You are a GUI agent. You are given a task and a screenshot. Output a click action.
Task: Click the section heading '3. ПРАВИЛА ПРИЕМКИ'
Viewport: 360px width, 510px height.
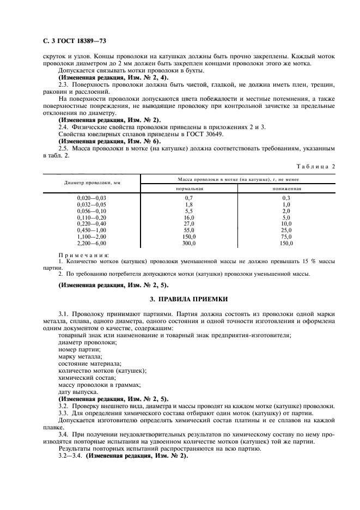pos(184,299)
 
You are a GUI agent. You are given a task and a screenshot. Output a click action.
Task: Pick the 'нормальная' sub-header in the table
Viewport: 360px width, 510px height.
pos(189,188)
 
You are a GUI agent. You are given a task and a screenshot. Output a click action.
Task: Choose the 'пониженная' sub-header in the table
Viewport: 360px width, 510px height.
pos(286,188)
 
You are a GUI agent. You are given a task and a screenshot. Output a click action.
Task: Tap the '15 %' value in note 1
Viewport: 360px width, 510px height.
pos(304,262)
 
